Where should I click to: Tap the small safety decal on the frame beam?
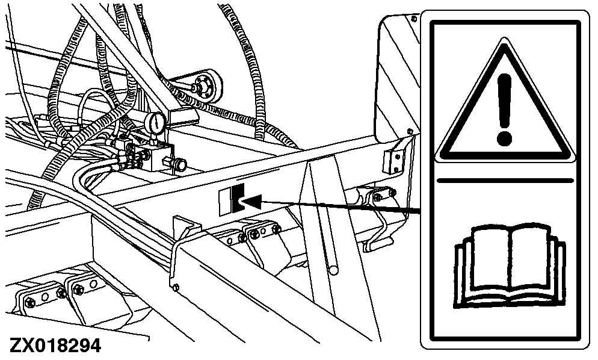231,200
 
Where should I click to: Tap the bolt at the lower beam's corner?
175,287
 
